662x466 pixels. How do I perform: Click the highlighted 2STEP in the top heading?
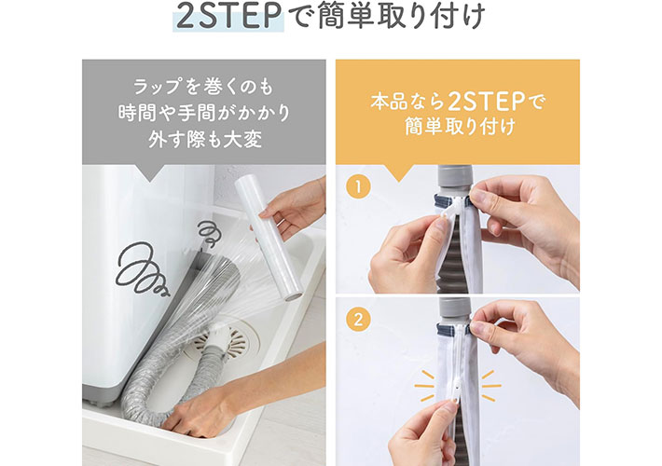tap(228, 17)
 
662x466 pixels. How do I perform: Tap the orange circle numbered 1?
tap(358, 187)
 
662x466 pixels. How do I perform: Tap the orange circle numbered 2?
tap(358, 320)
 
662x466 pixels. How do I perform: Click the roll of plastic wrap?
tap(269, 238)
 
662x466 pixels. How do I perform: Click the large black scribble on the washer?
tap(142, 269)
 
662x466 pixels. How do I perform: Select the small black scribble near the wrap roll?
tap(209, 233)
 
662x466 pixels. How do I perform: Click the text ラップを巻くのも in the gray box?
tap(203, 87)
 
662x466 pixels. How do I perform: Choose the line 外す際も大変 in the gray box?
tap(205, 139)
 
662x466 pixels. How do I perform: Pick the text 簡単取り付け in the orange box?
tap(460, 127)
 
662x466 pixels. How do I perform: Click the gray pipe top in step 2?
tap(454, 311)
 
